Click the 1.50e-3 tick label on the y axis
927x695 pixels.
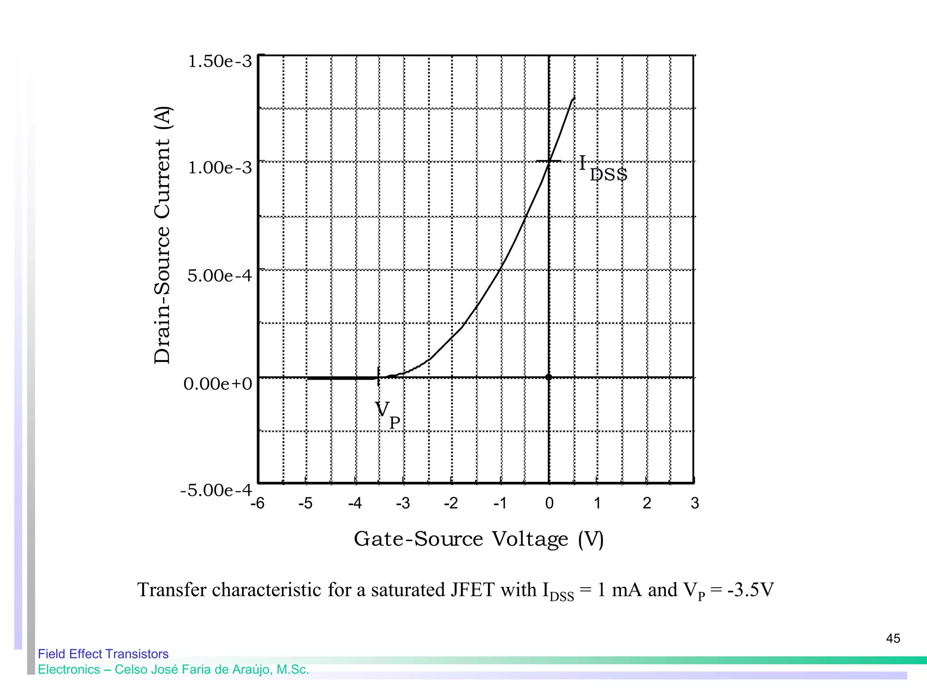220,62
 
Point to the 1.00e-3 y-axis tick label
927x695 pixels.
220,168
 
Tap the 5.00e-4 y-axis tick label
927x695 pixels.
220,276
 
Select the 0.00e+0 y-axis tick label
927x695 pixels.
218,384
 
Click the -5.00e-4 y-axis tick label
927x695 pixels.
216,490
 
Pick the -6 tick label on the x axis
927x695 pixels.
257,503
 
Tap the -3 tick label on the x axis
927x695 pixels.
403,503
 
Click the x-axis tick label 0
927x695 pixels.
550,503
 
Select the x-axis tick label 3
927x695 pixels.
695,503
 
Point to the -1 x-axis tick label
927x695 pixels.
500,503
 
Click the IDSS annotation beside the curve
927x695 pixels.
603,168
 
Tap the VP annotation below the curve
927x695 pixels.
387,414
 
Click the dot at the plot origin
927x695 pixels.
549,377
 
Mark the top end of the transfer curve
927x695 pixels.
574,98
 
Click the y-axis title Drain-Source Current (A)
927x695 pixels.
162,235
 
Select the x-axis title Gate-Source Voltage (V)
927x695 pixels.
478,539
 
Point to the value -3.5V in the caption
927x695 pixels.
750,590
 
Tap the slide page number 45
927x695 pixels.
893,638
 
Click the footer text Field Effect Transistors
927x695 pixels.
103,654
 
